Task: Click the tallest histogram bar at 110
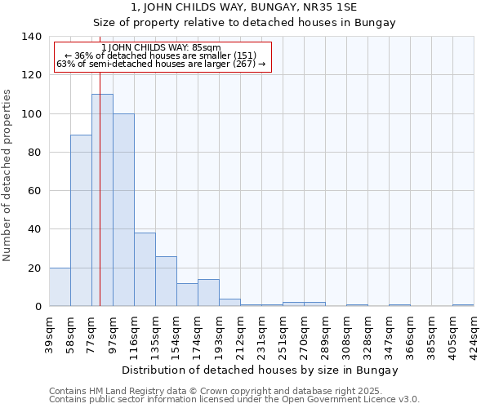[102, 200]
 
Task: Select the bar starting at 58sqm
[81, 220]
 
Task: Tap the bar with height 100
[123, 210]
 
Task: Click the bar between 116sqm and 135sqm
[145, 269]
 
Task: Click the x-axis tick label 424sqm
[474, 335]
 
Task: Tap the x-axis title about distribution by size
[261, 370]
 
